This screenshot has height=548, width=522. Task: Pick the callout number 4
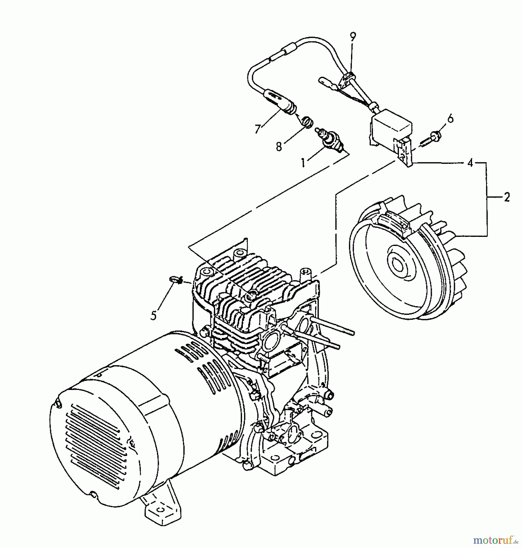pos(470,163)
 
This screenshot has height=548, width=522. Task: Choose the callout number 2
pos(506,198)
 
